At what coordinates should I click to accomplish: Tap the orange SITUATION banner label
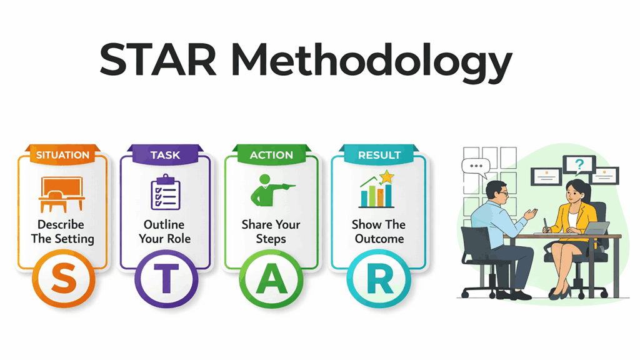pos(62,155)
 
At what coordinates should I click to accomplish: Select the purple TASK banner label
pos(165,155)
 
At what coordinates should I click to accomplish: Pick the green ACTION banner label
pos(272,155)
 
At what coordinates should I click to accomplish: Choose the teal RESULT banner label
pos(379,155)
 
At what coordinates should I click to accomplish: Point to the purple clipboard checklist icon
pos(165,192)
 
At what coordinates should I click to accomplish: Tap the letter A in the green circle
pos(272,281)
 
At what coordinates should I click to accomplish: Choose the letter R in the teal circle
pos(379,281)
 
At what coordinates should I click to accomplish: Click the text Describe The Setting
pos(61,231)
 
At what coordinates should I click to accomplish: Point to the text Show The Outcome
pos(379,231)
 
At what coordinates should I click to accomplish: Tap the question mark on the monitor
pos(579,165)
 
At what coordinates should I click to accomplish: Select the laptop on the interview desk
pos(597,229)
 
